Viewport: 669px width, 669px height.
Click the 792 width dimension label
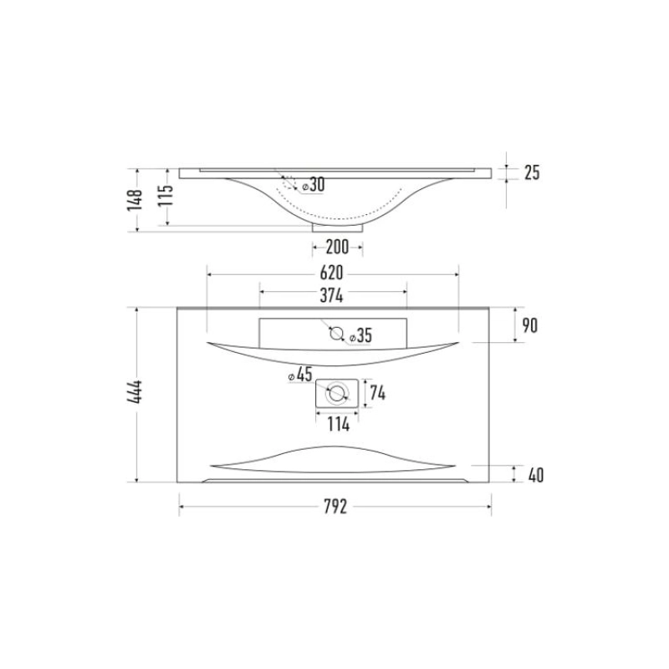[335, 507]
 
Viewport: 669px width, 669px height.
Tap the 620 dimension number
[331, 273]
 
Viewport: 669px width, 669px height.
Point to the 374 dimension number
[331, 295]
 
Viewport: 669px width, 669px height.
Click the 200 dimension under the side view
[337, 247]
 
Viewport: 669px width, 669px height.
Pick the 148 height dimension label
[135, 200]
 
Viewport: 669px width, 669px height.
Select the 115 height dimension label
[166, 195]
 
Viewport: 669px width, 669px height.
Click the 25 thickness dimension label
[532, 172]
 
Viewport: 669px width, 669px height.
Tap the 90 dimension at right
[529, 326]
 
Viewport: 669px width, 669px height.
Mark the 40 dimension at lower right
[536, 475]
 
